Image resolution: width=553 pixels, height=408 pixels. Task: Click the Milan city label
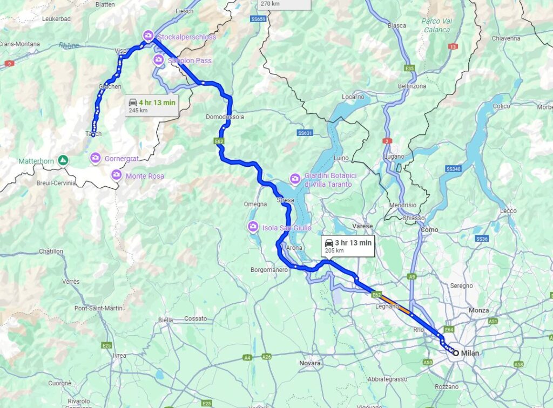click(470, 353)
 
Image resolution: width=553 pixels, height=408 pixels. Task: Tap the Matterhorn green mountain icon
click(64, 160)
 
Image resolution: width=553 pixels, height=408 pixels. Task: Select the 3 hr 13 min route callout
click(348, 246)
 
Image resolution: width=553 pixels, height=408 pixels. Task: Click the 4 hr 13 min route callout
click(152, 105)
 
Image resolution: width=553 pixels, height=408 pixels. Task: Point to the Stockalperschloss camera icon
click(148, 36)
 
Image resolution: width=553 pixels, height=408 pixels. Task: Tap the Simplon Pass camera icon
click(159, 59)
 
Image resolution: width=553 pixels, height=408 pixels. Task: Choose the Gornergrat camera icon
click(96, 158)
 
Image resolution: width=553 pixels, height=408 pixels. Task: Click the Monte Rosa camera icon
click(116, 174)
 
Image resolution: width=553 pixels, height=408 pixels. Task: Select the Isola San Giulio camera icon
click(252, 227)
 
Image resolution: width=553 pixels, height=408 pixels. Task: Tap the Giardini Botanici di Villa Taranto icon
click(295, 178)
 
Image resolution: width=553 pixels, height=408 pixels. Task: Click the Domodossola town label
click(225, 117)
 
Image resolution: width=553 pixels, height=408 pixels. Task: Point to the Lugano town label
click(394, 156)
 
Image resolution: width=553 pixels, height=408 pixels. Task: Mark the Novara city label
click(311, 363)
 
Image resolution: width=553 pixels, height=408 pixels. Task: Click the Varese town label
click(362, 226)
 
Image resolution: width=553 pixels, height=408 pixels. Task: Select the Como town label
click(429, 229)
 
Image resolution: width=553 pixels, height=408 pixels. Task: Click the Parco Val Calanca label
click(436, 25)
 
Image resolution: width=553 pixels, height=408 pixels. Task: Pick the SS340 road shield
click(454, 169)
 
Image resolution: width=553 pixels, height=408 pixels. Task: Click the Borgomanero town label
click(269, 269)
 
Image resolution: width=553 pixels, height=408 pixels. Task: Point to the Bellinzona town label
click(412, 86)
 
